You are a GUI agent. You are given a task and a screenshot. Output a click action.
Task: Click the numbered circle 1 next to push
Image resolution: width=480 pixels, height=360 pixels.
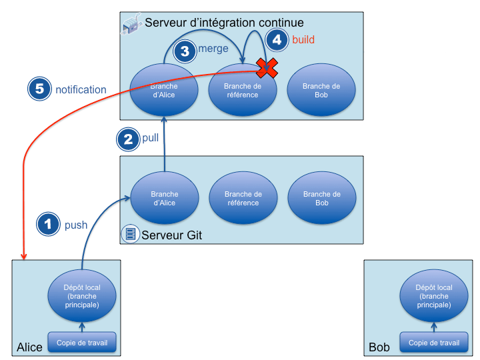[x=47, y=224]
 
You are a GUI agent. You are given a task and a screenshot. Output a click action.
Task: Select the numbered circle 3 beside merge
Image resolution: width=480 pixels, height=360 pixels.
[x=185, y=51]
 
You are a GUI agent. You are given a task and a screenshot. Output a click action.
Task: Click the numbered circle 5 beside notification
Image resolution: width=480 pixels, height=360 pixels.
[x=40, y=89]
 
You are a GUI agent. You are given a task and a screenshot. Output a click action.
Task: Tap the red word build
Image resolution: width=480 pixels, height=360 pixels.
[x=303, y=40]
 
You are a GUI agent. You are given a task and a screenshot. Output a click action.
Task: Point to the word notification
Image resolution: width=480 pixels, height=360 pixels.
[x=81, y=89]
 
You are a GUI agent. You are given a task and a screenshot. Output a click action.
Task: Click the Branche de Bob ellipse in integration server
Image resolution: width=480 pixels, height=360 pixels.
[x=321, y=91]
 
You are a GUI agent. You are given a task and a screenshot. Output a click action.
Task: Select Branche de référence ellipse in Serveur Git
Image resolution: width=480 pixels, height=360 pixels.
[x=243, y=199]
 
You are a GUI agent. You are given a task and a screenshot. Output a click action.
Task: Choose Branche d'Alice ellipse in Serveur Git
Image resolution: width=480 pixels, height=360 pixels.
[x=164, y=199]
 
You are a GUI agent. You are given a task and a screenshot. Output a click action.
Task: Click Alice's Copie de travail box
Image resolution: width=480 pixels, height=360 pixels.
[x=81, y=343]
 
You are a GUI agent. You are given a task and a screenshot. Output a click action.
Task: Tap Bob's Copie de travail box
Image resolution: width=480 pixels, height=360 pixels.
[x=433, y=343]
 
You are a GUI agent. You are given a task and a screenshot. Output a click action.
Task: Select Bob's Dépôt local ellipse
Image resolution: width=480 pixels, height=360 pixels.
[x=433, y=296]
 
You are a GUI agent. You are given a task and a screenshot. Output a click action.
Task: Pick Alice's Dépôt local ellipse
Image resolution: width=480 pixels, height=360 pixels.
[x=81, y=296]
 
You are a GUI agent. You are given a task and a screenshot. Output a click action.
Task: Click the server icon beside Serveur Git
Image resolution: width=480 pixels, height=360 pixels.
[x=130, y=234]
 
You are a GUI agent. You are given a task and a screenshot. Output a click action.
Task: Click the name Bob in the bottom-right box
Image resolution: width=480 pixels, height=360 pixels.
[x=379, y=347]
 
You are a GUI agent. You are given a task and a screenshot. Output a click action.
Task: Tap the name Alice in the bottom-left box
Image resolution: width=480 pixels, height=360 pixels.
[x=30, y=347]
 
